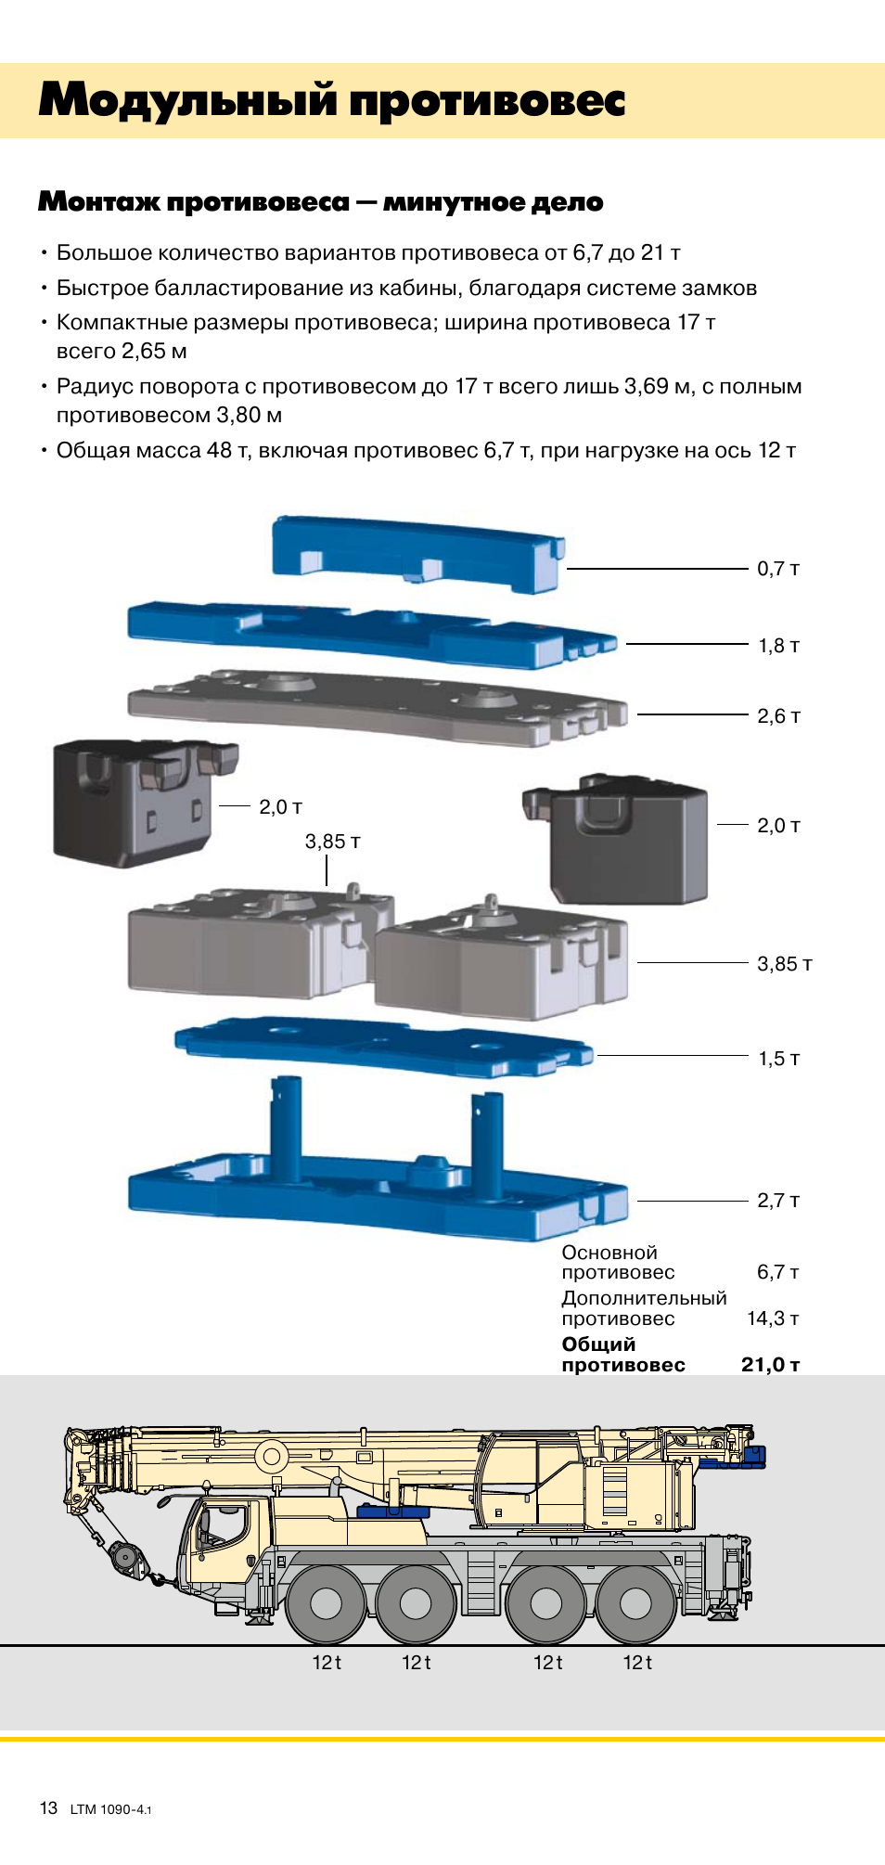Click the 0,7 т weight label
(778, 569)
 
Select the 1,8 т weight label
(779, 646)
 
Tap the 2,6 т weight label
(778, 716)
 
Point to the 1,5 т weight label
(779, 1059)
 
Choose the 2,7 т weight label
(778, 1201)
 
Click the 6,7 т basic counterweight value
(778, 1272)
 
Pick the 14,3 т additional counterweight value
(774, 1318)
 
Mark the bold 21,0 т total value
(771, 1365)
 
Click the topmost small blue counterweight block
(418, 554)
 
